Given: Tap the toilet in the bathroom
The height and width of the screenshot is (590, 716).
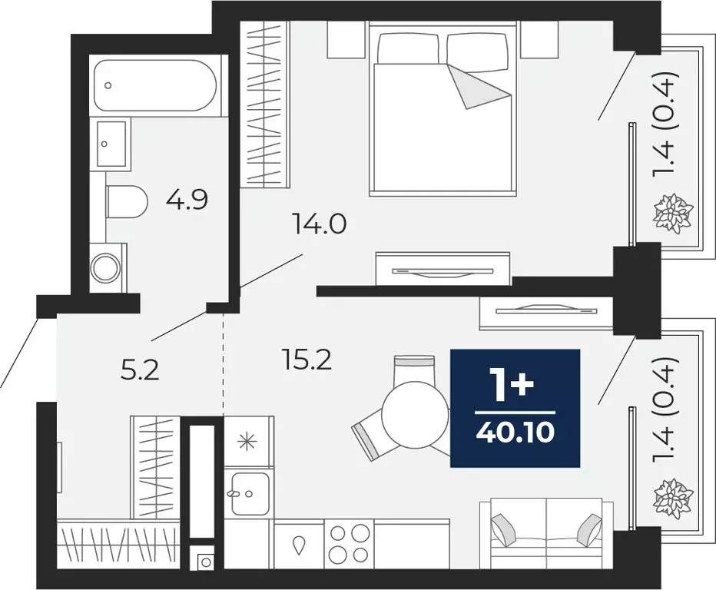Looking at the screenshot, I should (x=126, y=202).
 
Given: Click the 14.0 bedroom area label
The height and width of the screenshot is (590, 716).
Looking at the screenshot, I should (x=320, y=225).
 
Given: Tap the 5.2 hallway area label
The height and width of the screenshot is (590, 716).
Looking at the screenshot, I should (x=140, y=371).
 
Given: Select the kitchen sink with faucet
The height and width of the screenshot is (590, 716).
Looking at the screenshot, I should (x=248, y=492).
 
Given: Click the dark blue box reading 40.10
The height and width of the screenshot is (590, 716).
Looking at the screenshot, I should (x=515, y=407).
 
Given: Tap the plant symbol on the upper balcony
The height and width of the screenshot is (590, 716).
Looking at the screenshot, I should (x=673, y=212).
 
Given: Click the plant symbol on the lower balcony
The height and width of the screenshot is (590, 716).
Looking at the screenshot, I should (x=673, y=496).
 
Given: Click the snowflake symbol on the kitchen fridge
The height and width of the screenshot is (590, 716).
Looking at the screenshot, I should (x=247, y=441).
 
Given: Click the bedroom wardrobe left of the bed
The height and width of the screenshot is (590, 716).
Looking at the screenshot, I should (x=264, y=103).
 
